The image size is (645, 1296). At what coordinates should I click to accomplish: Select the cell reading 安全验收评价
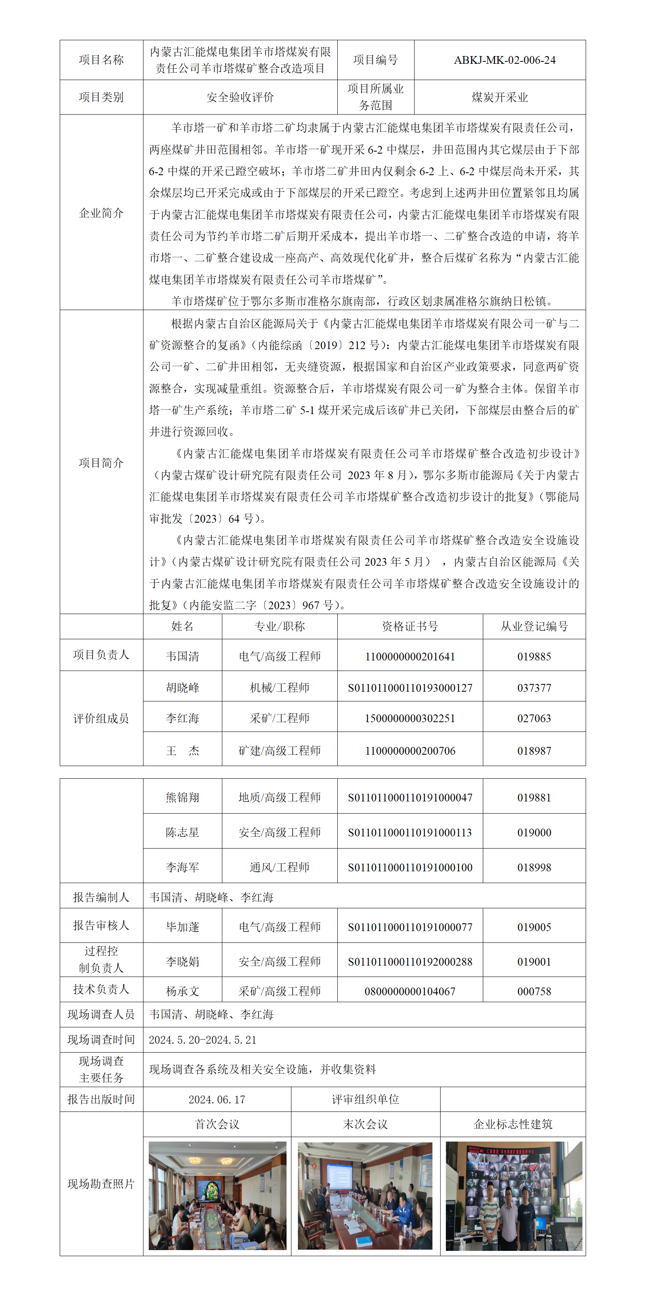240,97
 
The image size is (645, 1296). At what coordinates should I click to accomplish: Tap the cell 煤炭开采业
499,97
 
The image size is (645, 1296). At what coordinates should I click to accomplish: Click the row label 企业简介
101,213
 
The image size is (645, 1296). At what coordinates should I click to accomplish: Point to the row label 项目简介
101,462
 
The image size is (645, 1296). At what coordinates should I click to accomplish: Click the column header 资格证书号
410,626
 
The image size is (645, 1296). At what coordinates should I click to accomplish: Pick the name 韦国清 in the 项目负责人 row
182,656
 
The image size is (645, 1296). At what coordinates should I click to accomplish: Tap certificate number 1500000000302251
410,719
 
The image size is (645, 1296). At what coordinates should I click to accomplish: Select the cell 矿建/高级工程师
279,751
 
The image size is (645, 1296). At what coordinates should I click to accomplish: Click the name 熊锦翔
182,797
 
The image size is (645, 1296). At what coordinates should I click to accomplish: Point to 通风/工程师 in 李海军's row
279,867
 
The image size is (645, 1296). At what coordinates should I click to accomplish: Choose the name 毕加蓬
182,927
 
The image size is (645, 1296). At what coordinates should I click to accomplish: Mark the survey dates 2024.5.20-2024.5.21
202,1040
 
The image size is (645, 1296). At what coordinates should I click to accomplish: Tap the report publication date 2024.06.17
217,1100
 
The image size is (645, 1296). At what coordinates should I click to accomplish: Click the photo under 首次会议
217,1195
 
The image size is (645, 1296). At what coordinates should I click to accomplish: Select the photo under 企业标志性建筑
513,1195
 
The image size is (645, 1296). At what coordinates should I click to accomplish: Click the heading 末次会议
365,1125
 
